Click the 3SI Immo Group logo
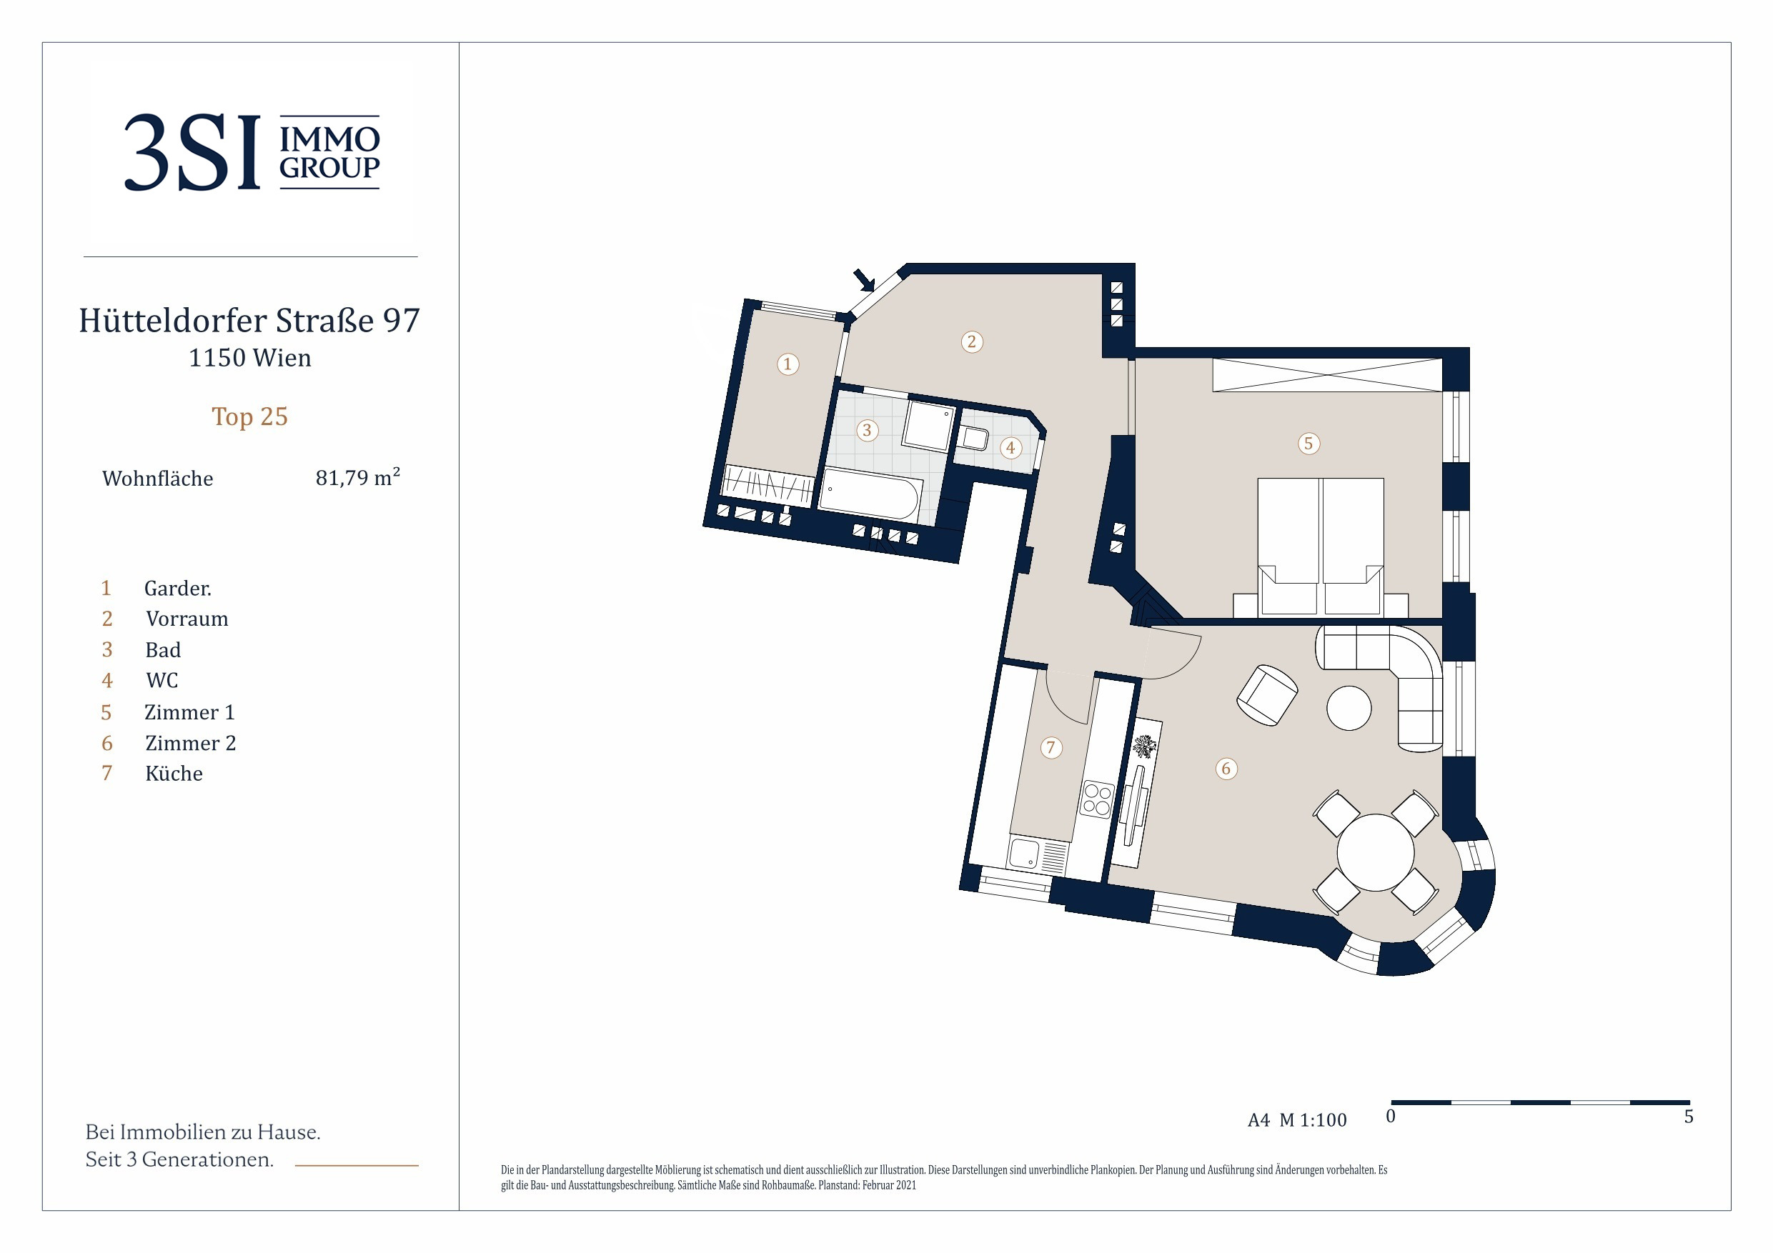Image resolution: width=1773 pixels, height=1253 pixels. (252, 152)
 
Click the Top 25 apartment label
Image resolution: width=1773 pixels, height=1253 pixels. (249, 416)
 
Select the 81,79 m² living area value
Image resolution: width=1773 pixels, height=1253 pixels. (357, 477)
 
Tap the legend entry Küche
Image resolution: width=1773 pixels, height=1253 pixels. (174, 774)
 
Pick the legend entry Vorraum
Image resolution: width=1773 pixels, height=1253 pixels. (187, 619)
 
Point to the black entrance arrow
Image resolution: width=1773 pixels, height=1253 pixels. (864, 279)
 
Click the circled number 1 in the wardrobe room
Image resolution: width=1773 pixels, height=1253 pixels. (788, 364)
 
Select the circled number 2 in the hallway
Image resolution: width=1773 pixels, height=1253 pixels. (971, 341)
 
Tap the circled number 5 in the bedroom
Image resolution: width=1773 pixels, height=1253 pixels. (1308, 443)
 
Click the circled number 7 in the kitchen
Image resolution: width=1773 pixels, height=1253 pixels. (1051, 747)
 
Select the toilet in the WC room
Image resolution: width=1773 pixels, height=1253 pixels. (973, 438)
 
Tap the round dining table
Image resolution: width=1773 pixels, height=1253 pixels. (1376, 852)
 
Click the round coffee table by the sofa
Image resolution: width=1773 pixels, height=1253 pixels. (1349, 707)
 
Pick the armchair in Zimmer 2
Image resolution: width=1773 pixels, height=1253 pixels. (1267, 695)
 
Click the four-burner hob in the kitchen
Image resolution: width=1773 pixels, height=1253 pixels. (1096, 799)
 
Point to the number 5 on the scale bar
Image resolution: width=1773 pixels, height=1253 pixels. (1689, 1117)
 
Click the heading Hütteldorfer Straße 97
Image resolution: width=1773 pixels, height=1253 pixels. (249, 319)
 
